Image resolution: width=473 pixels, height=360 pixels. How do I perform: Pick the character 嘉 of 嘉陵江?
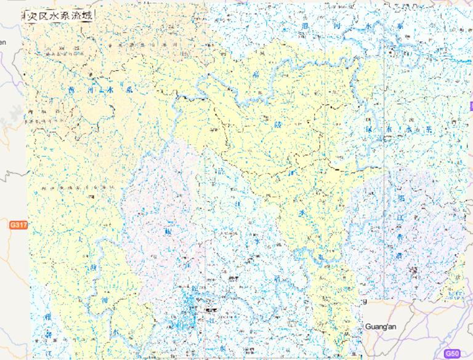256,76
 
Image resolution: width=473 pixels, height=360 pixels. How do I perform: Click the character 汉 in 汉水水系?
370,130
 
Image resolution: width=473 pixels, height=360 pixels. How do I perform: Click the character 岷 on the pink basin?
168,233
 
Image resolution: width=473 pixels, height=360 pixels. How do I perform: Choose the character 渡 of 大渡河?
94,268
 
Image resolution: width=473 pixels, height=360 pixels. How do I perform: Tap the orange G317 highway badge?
18,226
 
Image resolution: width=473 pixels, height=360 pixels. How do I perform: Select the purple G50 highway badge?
453,353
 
